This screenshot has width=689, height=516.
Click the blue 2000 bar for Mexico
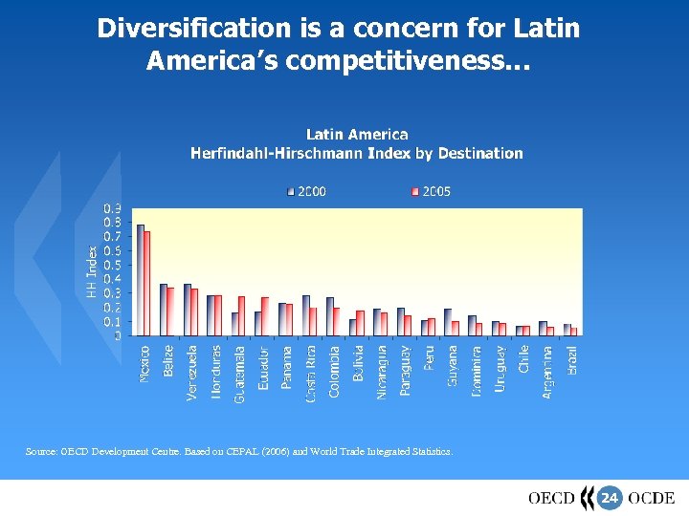click(140, 279)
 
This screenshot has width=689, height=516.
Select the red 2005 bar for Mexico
click(147, 283)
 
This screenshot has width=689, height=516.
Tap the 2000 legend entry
click(307, 191)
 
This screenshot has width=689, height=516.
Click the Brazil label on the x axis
click(572, 359)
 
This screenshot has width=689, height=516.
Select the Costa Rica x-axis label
click(311, 374)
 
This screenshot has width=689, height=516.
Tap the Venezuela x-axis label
click(192, 373)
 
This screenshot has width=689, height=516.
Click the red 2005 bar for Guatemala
click(241, 315)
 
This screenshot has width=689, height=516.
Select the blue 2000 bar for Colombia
click(329, 316)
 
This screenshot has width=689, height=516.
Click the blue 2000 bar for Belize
click(164, 310)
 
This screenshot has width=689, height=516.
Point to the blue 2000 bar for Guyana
click(448, 322)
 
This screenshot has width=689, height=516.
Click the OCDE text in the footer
click(652, 498)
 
